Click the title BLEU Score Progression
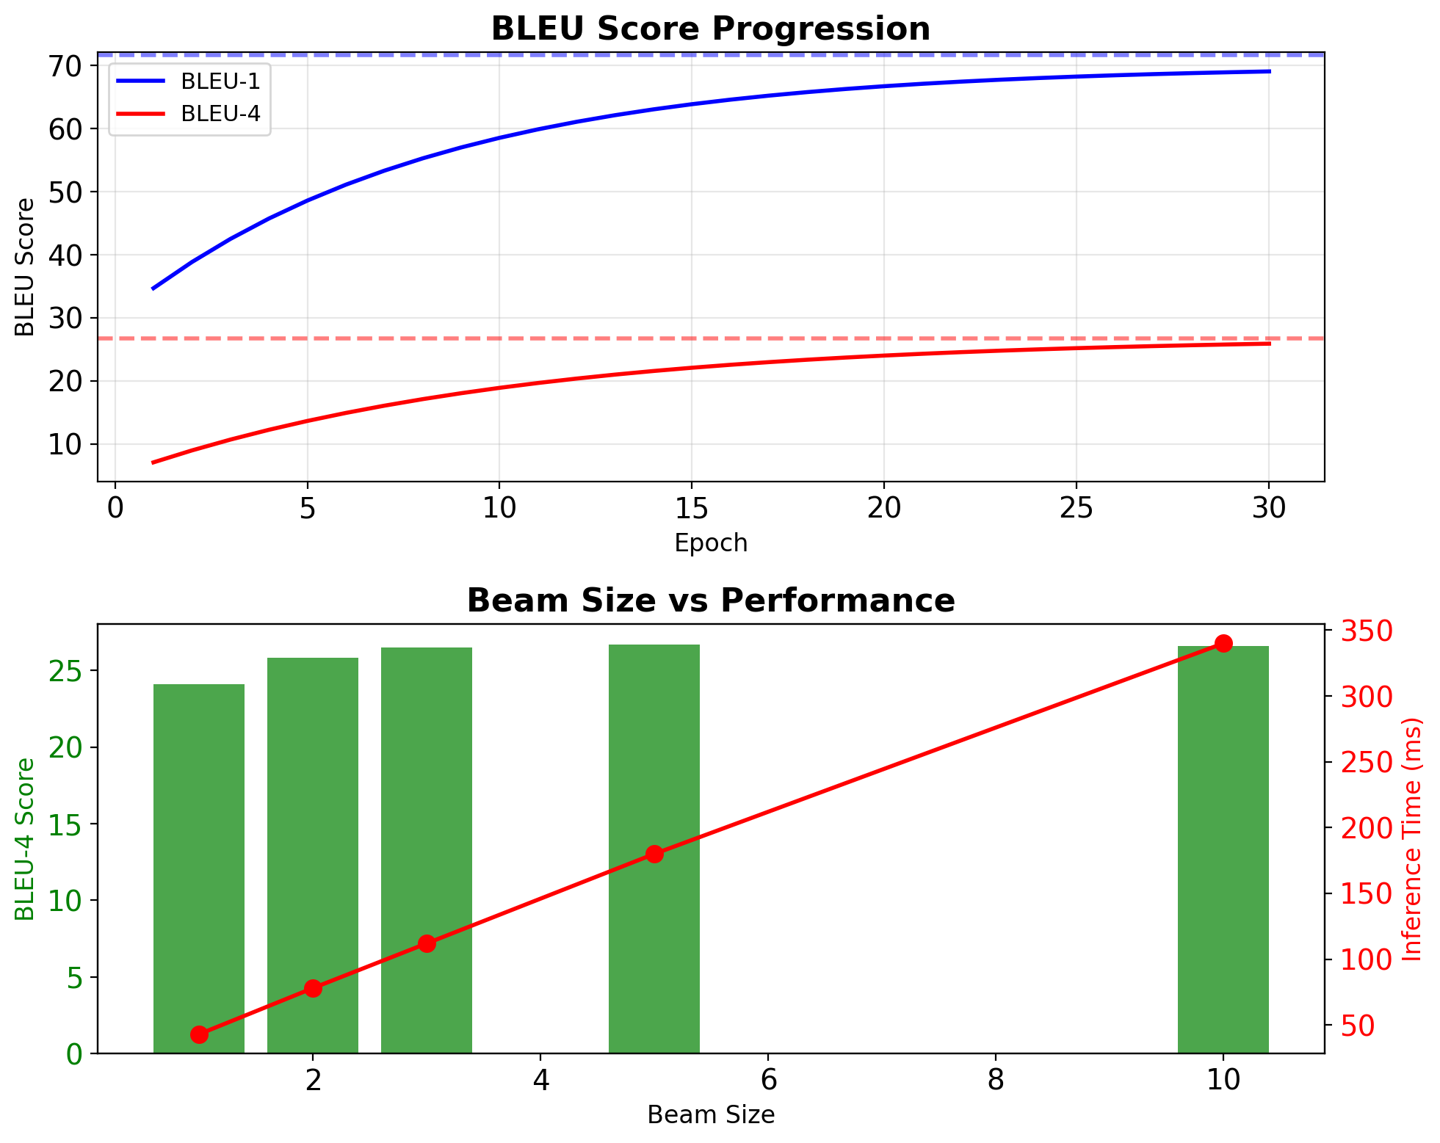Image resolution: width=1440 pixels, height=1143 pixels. [710, 29]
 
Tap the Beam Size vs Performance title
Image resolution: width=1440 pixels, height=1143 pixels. [710, 600]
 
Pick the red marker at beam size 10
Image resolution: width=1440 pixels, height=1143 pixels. [1223, 643]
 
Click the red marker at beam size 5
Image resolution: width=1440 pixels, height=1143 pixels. [654, 854]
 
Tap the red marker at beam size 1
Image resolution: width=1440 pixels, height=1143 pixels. [199, 1034]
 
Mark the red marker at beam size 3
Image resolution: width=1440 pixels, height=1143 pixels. [427, 943]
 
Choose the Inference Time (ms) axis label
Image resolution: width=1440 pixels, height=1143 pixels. [1412, 839]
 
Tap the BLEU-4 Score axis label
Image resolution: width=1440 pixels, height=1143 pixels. [26, 839]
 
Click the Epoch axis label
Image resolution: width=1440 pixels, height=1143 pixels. [710, 543]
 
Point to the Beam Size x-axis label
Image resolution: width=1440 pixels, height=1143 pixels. [710, 1115]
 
